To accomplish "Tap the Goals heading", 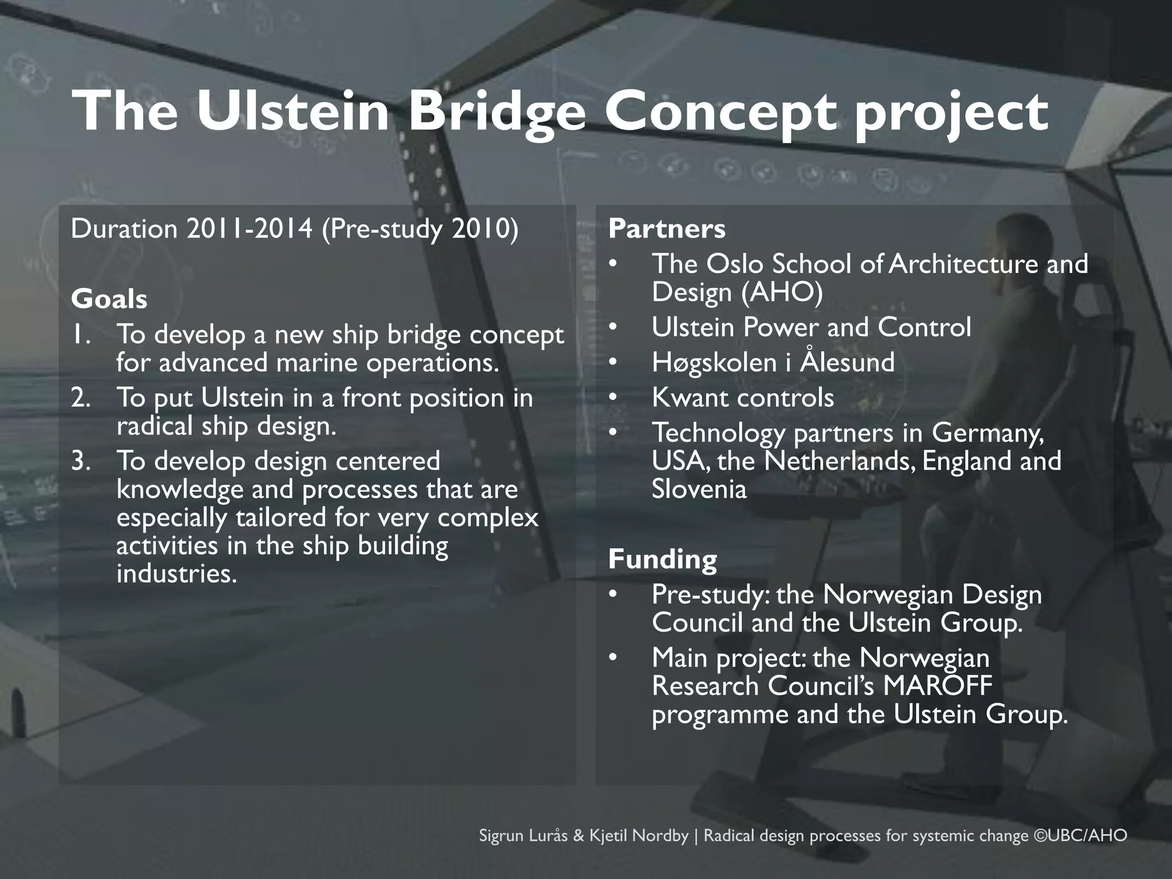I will point(109,299).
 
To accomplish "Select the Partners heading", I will point(667,229).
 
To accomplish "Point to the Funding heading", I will point(662,559).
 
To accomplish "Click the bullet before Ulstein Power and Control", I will point(613,328).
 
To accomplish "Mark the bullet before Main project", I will point(613,658).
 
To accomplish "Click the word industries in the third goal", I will point(176,574).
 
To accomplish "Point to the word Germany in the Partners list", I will point(988,433).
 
